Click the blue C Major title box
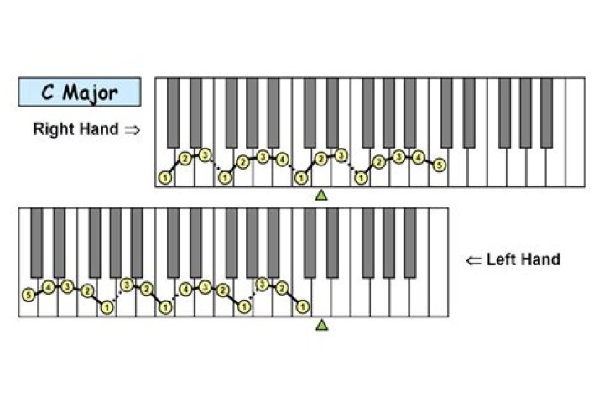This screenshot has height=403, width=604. [80, 92]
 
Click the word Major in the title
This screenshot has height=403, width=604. [90, 93]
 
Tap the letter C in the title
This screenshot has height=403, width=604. [47, 92]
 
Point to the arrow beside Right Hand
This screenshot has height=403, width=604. [132, 130]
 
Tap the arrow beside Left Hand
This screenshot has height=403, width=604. [474, 261]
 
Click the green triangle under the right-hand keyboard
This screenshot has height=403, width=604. [321, 195]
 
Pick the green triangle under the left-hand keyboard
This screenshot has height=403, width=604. [322, 325]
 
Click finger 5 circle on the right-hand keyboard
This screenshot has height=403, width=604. [439, 165]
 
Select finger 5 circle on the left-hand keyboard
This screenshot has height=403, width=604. [29, 296]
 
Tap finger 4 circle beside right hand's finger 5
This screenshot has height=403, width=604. [418, 157]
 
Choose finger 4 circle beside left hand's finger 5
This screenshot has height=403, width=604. [49, 287]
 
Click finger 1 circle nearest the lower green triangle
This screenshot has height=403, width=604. [303, 307]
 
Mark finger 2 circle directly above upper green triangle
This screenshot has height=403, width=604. [320, 159]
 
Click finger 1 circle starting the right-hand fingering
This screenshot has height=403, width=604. [165, 178]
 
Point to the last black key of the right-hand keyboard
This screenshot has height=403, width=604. [547, 113]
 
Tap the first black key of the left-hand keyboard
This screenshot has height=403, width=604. [37, 243]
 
